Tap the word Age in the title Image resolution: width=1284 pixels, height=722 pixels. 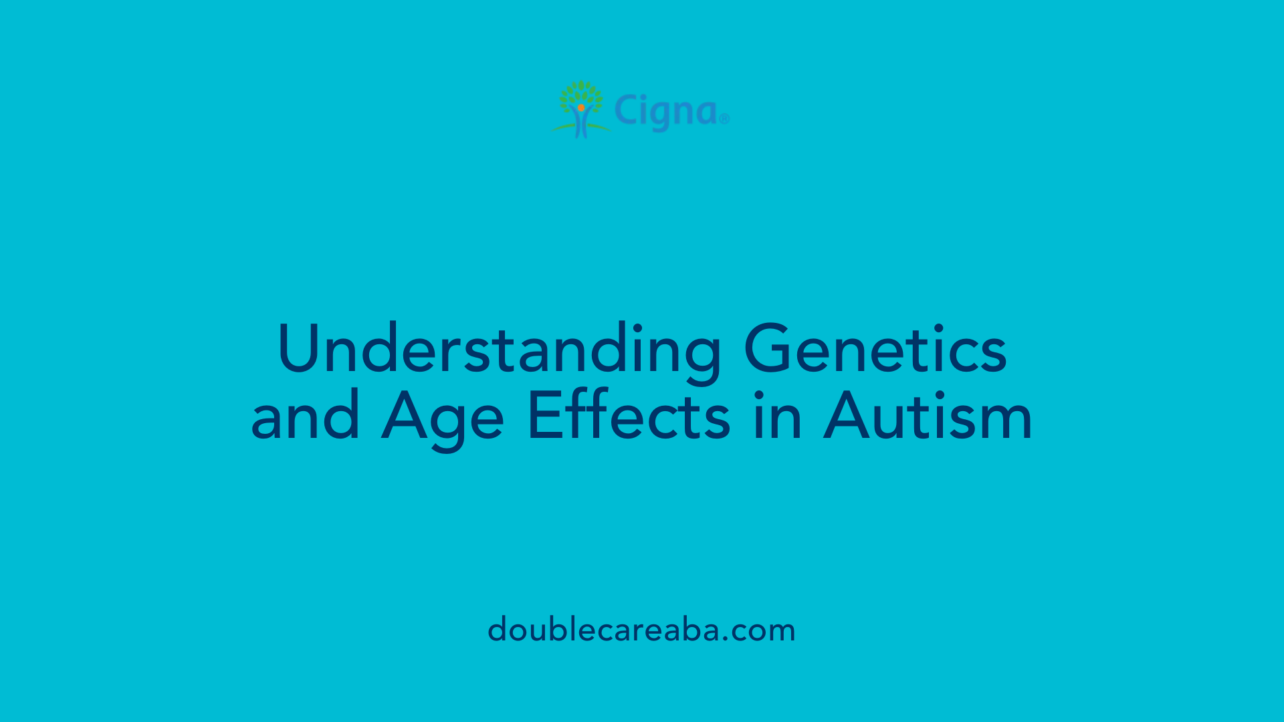pyautogui.click(x=442, y=418)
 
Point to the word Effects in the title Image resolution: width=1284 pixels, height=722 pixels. pyautogui.click(x=629, y=416)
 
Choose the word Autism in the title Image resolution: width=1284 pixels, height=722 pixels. pyautogui.click(x=928, y=416)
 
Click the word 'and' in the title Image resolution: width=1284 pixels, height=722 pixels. pyautogui.click(x=306, y=416)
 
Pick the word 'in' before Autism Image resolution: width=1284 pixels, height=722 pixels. pyautogui.click(x=777, y=416)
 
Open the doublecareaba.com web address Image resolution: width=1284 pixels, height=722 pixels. pyautogui.click(x=641, y=630)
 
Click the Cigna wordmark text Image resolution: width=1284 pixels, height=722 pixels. pyautogui.click(x=666, y=112)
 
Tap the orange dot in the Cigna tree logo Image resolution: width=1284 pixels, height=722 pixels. pyautogui.click(x=581, y=108)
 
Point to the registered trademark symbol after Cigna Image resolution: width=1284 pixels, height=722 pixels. pyautogui.click(x=724, y=119)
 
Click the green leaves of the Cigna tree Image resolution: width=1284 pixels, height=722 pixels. pyautogui.click(x=580, y=92)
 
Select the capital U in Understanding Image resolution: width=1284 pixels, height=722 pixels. pyautogui.click(x=298, y=349)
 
